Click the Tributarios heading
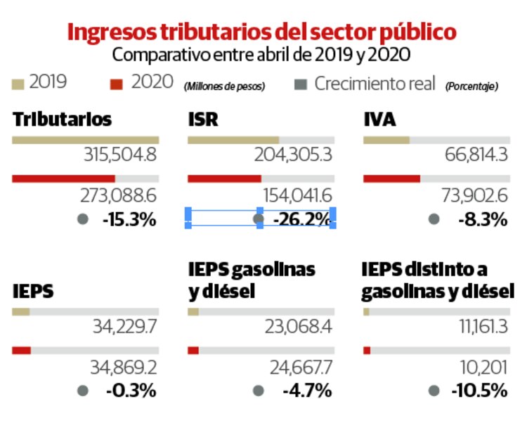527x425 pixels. point(62,119)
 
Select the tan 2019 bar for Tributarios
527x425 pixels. point(85,140)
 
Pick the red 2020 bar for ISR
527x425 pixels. point(224,178)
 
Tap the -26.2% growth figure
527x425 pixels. point(301,219)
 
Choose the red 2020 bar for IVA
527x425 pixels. point(391,178)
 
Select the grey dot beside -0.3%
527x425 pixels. point(83,391)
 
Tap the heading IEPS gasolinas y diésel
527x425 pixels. point(252,279)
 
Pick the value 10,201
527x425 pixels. point(483,367)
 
